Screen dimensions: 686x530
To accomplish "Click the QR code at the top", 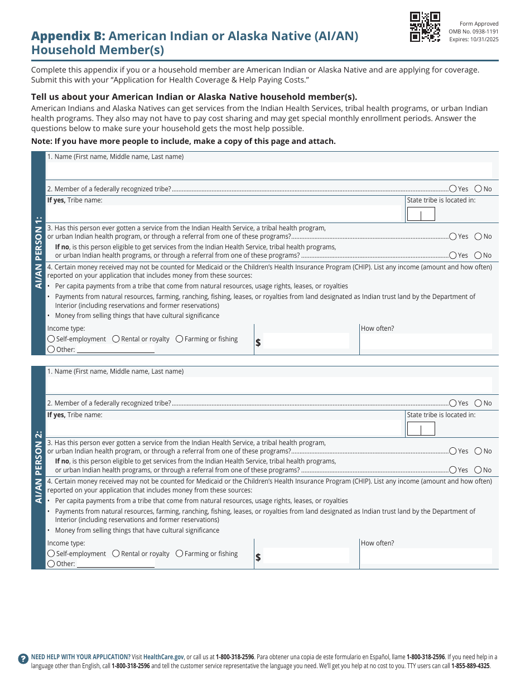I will coord(425,27).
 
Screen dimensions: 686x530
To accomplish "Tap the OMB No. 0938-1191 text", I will coord(474,32).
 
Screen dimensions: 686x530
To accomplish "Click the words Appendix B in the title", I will coord(68,36).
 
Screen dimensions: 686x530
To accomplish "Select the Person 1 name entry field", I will coord(269,170).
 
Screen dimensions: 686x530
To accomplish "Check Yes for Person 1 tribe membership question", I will coord(452,189).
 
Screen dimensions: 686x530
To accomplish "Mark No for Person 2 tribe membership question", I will coord(478,403).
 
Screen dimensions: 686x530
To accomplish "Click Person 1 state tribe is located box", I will coord(421,215).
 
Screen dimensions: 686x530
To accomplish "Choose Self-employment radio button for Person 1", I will coord(51,339).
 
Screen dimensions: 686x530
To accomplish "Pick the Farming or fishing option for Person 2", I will coord(180,554).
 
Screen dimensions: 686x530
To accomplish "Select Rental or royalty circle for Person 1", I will coord(116,339).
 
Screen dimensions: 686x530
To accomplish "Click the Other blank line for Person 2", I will coord(115,564).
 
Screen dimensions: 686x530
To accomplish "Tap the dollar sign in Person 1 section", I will coord(258,342).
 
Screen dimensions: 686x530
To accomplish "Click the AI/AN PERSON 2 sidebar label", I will coord(38,467).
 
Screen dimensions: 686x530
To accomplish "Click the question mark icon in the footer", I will coord(23,659).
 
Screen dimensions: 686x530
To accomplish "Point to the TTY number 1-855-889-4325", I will coord(471,666).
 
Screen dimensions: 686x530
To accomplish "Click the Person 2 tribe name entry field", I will coord(225,428).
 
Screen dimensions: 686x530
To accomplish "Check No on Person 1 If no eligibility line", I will coord(478,255).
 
